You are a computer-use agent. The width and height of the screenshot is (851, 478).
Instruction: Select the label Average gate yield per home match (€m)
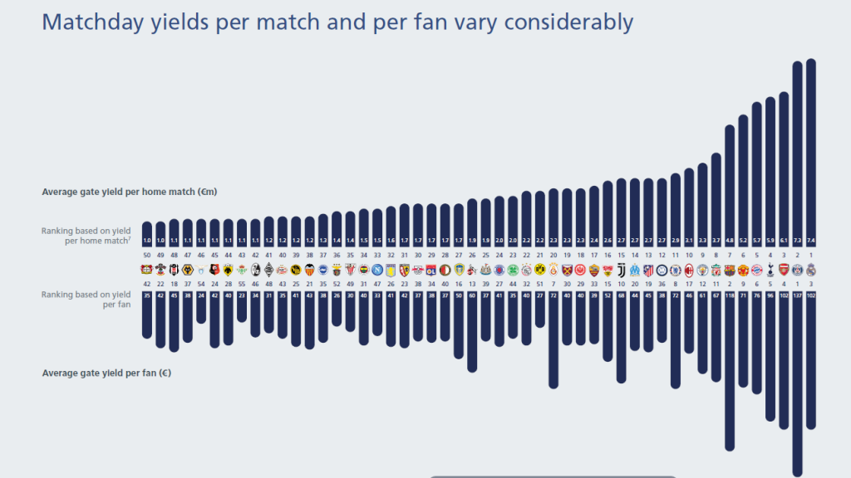129,192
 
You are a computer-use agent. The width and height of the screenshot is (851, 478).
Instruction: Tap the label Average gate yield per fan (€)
106,373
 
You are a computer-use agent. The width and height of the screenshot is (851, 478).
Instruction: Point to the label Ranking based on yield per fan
87,300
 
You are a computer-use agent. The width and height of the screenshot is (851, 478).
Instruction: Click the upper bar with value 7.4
811,149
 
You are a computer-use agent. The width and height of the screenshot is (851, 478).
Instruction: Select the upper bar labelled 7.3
798,149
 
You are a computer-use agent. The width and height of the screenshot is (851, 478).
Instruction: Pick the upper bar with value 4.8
730,183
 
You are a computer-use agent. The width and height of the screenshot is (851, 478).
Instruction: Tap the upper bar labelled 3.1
689,207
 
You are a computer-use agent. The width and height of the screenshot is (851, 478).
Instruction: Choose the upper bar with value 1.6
391,224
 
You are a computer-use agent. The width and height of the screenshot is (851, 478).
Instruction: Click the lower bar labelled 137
798,382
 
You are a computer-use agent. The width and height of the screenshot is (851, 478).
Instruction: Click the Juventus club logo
621,270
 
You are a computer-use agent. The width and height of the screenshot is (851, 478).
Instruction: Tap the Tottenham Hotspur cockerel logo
770,270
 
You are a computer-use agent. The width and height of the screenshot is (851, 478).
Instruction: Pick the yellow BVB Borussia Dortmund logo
540,270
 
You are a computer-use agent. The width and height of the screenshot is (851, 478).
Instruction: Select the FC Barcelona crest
730,270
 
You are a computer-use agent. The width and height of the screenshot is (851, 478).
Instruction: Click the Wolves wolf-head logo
187,270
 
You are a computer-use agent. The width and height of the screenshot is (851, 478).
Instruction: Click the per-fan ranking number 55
242,283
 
